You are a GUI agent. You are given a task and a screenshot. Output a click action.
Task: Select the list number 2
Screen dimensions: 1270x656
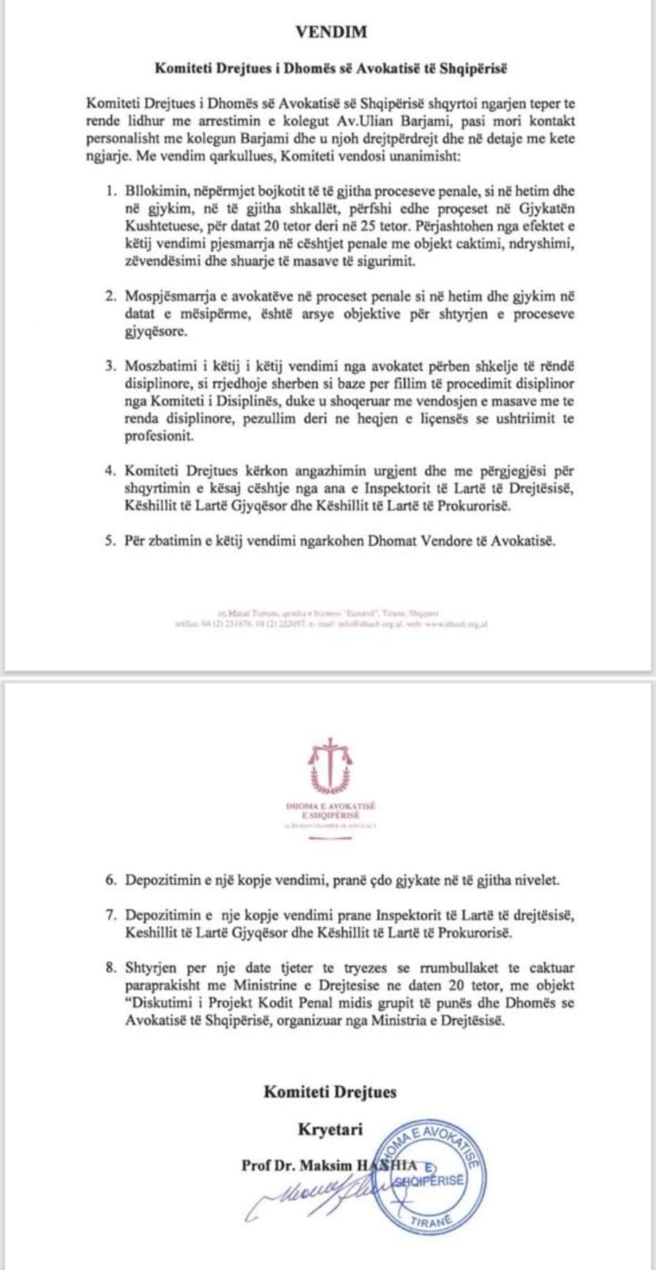pyautogui.click(x=111, y=296)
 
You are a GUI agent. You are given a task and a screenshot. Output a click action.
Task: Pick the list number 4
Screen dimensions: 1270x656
pyautogui.click(x=111, y=471)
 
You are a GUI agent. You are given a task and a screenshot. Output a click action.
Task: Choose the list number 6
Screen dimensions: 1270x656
pyautogui.click(x=111, y=880)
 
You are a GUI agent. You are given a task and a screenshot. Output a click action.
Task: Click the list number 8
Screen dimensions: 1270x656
pyautogui.click(x=111, y=968)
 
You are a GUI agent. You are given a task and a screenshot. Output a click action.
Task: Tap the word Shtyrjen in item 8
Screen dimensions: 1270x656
pyautogui.click(x=149, y=968)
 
